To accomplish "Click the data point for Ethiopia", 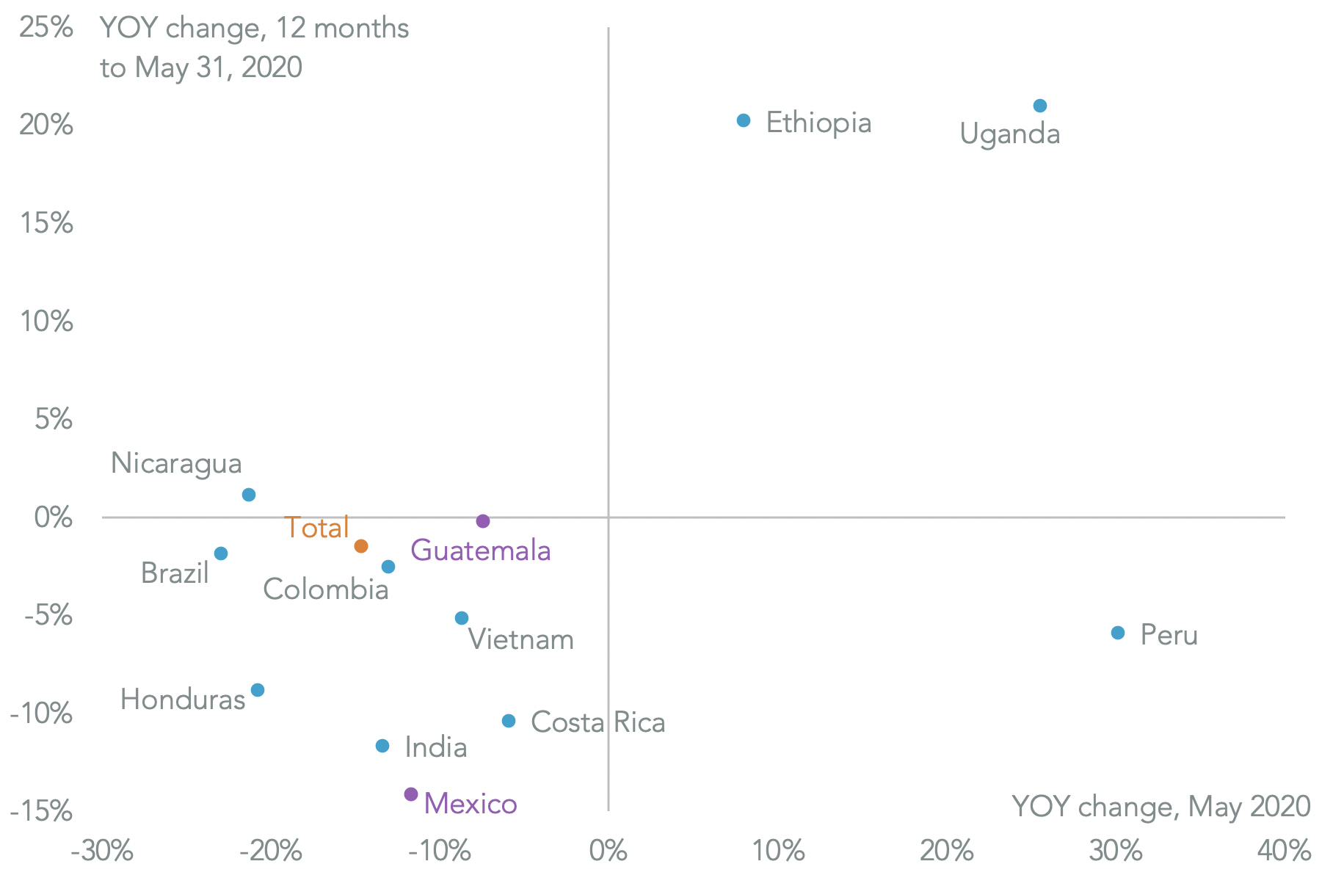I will click(x=744, y=120).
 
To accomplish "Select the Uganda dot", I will click(x=1040, y=106).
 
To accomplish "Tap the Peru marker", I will click(x=1118, y=633).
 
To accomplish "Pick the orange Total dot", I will click(x=361, y=546).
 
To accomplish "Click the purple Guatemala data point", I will click(x=483, y=521).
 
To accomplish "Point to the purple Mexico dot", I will click(x=411, y=794).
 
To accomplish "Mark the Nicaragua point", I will click(x=249, y=495).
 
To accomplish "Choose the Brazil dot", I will click(x=221, y=553).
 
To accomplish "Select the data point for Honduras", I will click(x=258, y=690).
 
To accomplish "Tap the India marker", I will click(x=382, y=746).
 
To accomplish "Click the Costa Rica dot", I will click(x=509, y=721).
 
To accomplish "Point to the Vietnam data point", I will click(x=462, y=618).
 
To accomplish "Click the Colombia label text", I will click(x=326, y=589).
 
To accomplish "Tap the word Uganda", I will click(x=1010, y=134).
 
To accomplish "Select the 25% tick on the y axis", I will click(x=46, y=28).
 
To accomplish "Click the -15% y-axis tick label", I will click(x=42, y=812).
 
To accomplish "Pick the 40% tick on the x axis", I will click(x=1285, y=852).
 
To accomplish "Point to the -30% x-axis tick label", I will click(x=102, y=852).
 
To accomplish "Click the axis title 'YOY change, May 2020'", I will click(x=1161, y=807).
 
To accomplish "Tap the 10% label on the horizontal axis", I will click(x=778, y=852).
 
